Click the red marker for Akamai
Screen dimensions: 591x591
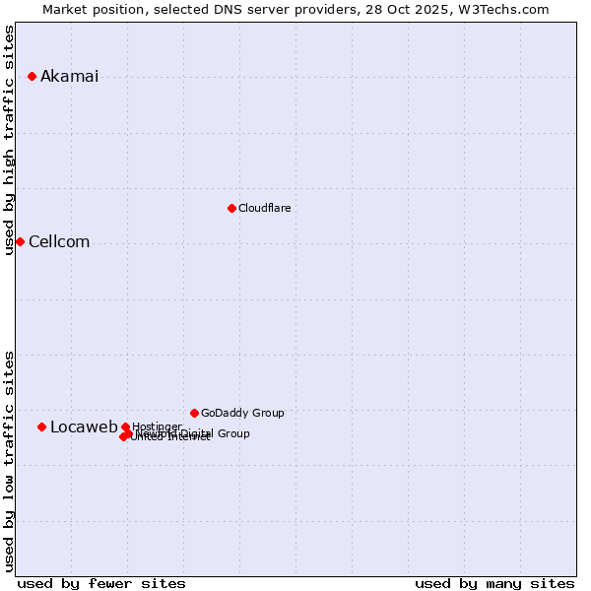[x=32, y=76]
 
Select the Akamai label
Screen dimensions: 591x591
[x=69, y=77]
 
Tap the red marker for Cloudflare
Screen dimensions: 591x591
[x=231, y=208]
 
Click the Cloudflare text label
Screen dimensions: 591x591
[x=264, y=208]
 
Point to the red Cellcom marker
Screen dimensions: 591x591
[x=20, y=241]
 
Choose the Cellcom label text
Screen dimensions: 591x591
[x=59, y=242]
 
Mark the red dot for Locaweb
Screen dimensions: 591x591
[x=41, y=427]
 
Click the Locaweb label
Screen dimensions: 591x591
[x=84, y=427]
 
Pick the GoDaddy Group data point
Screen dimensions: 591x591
[x=194, y=413]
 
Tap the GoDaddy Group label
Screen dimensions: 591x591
[x=242, y=413]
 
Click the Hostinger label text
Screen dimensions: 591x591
[x=157, y=426]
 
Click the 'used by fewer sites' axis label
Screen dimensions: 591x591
[x=101, y=583]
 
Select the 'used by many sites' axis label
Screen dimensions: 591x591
[x=494, y=583]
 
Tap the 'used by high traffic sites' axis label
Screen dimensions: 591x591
[x=10, y=140]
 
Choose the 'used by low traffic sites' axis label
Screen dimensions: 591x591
[x=10, y=461]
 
